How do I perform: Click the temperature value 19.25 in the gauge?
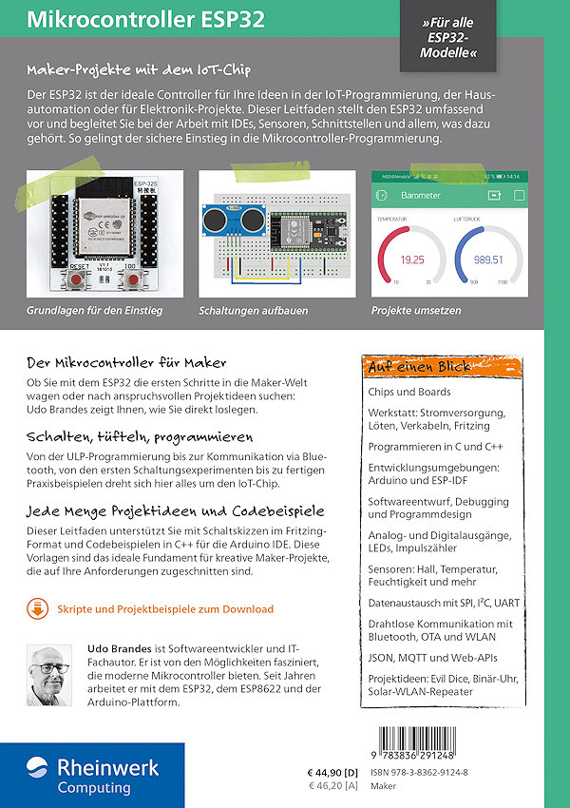click(412, 259)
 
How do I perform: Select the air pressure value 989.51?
click(488, 259)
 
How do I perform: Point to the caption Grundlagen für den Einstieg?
click(95, 311)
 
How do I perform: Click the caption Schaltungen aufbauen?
click(249, 311)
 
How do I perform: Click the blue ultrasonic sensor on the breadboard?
click(233, 220)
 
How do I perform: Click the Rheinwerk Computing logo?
click(92, 775)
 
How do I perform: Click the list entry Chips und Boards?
click(410, 392)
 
